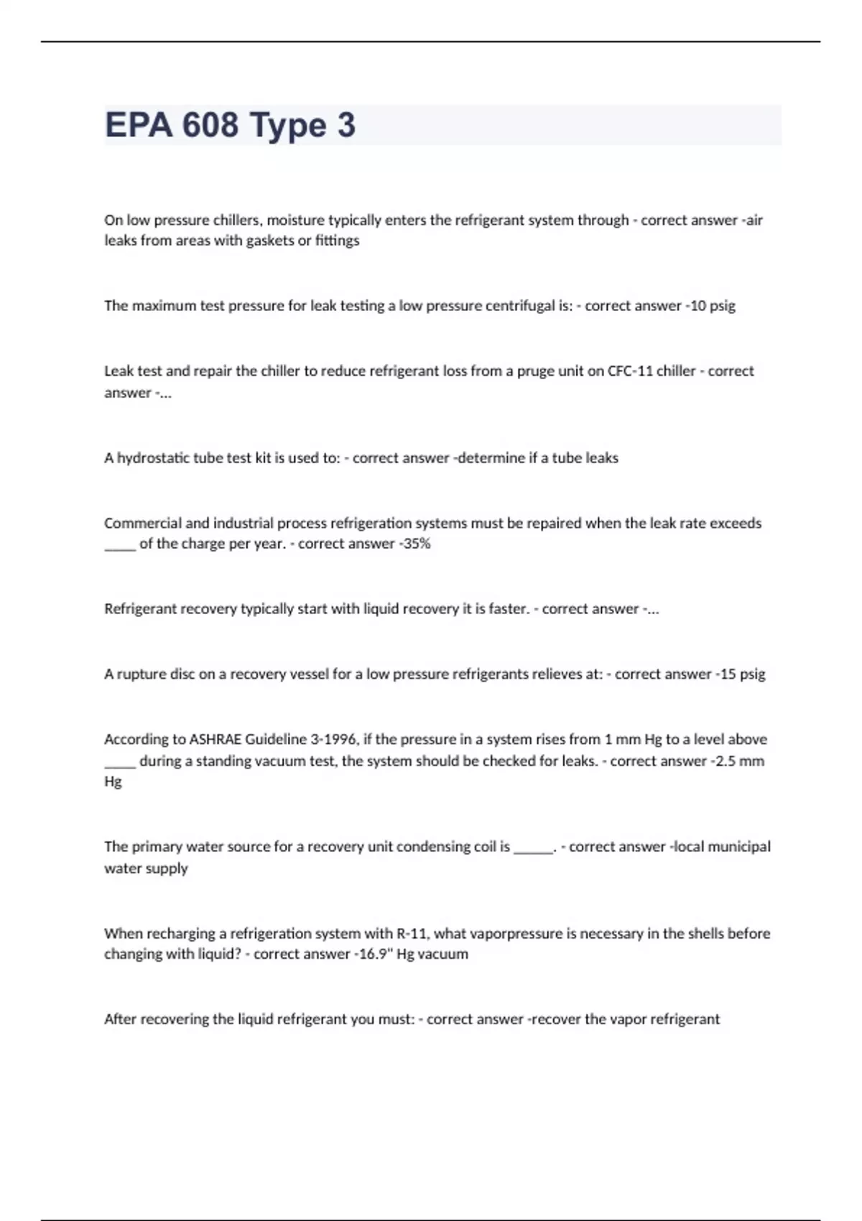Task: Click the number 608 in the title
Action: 210,125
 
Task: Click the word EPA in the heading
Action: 139,125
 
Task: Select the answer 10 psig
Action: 713,306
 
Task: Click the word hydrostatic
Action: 154,458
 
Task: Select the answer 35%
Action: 417,544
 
